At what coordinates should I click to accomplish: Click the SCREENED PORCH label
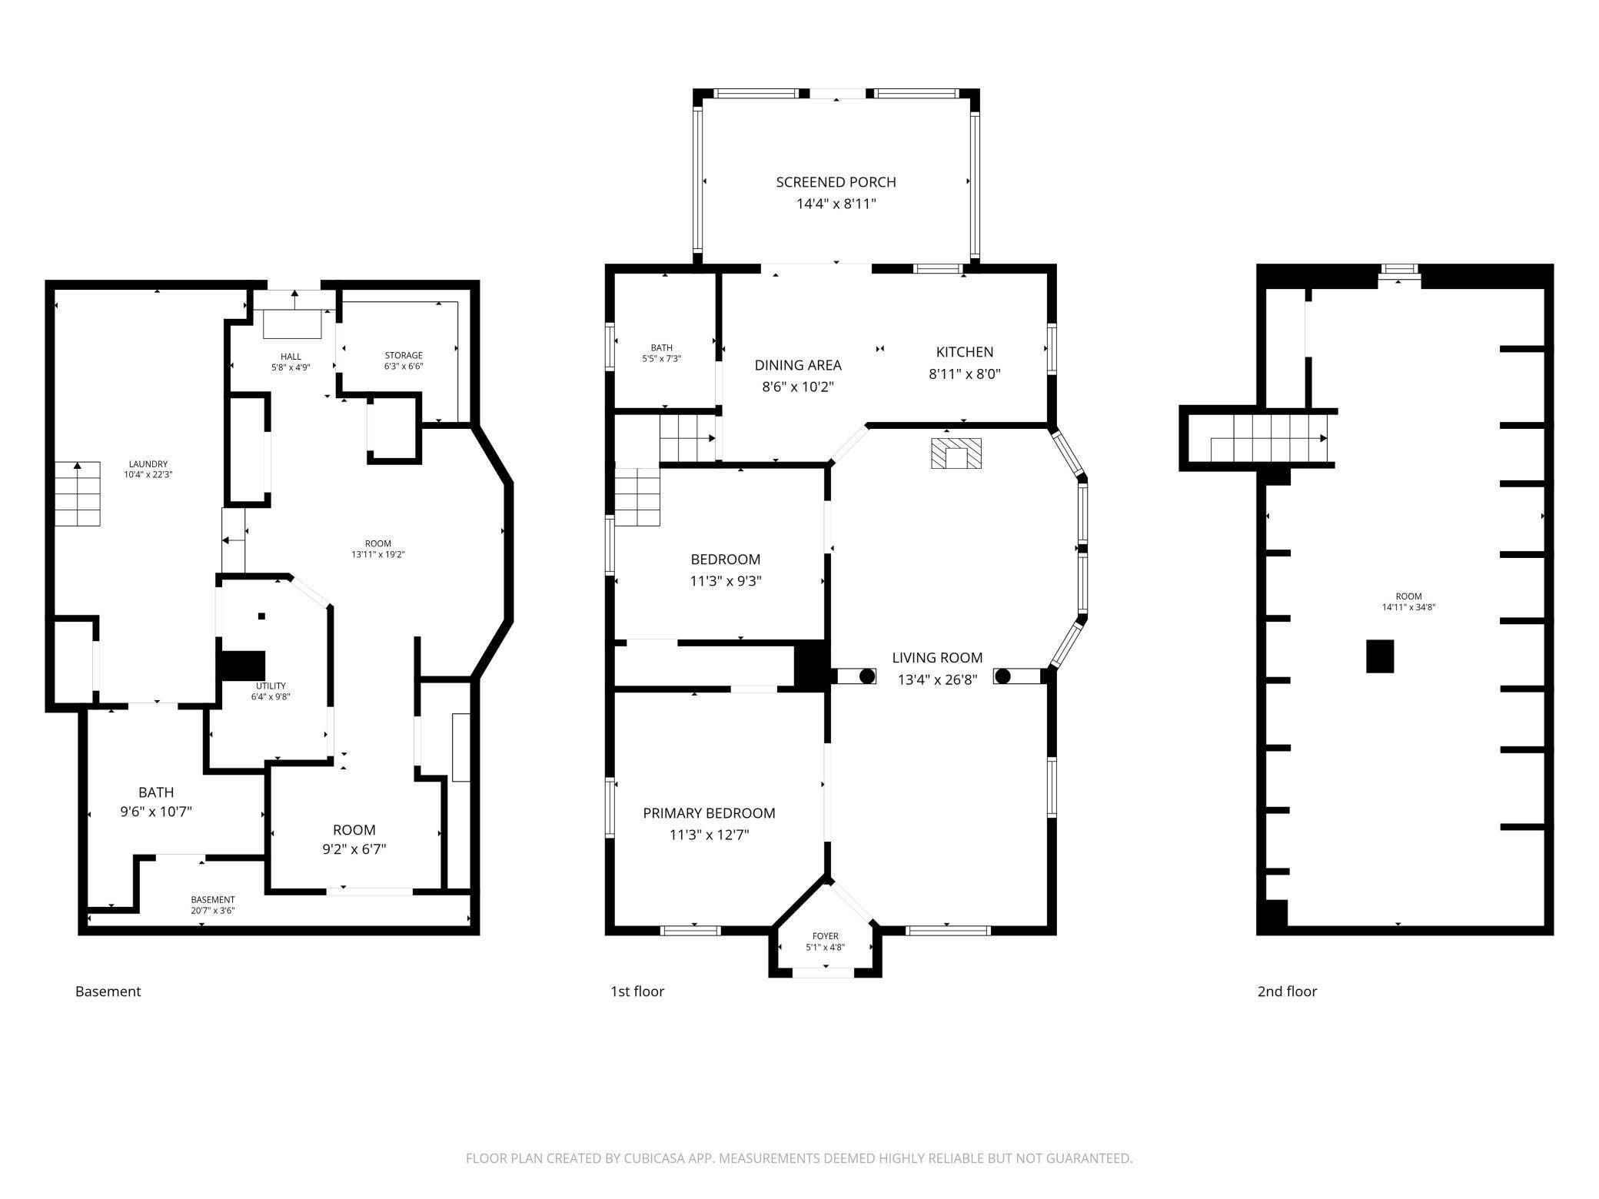click(836, 182)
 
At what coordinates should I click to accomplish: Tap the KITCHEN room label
click(964, 352)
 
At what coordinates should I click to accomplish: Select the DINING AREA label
click(798, 365)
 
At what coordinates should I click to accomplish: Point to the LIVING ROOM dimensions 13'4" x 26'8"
click(937, 679)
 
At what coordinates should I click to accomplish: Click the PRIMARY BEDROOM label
click(709, 813)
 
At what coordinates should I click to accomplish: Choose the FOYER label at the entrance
click(825, 936)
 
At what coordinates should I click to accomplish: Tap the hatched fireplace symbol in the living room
click(956, 453)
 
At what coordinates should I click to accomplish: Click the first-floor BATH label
click(661, 348)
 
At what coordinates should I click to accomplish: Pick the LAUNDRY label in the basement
click(148, 464)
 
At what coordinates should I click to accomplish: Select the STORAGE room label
click(404, 356)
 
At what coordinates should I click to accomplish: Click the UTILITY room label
click(271, 686)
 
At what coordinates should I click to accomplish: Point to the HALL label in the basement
click(291, 357)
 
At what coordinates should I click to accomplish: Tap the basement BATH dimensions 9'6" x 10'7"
click(156, 812)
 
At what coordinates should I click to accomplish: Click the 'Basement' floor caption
click(108, 991)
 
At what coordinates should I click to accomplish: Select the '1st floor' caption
click(637, 991)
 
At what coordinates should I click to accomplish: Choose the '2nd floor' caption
click(1287, 991)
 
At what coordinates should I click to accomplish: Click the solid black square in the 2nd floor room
click(1380, 656)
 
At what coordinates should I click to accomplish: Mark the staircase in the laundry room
click(77, 493)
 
